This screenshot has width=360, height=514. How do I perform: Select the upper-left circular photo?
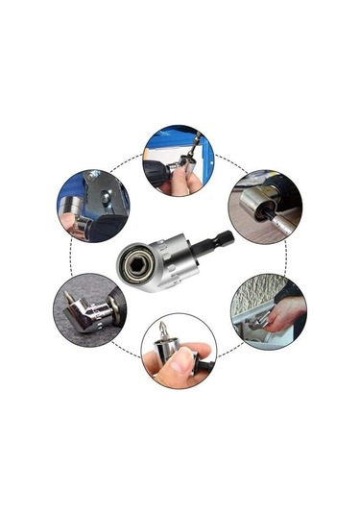click(x=92, y=206)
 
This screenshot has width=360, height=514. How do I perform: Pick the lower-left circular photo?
click(x=89, y=309)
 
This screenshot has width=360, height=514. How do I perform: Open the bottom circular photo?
click(x=178, y=351)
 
